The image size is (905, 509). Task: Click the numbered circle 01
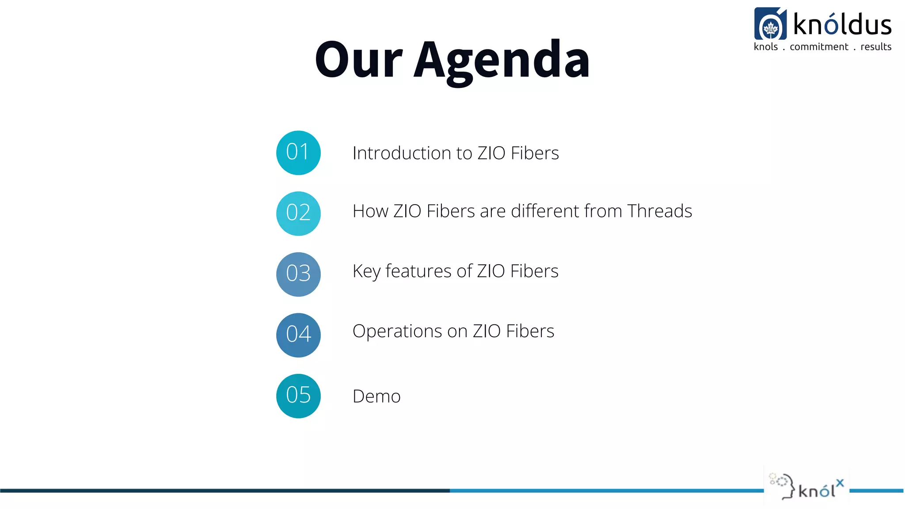[x=298, y=153]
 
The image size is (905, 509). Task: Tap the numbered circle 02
[x=298, y=213]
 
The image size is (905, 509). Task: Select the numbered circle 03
[x=298, y=274]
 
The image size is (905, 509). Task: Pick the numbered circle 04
[x=298, y=335]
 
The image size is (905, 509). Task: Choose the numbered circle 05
[x=298, y=396]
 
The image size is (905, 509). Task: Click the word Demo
[x=376, y=396]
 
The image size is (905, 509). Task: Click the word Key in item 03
[x=366, y=271]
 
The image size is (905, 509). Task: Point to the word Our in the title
[x=358, y=60]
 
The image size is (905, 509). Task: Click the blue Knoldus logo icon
[x=770, y=24]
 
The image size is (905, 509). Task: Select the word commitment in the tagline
[x=819, y=47]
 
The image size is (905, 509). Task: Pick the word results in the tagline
[x=876, y=47]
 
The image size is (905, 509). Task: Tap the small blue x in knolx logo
[x=840, y=483]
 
